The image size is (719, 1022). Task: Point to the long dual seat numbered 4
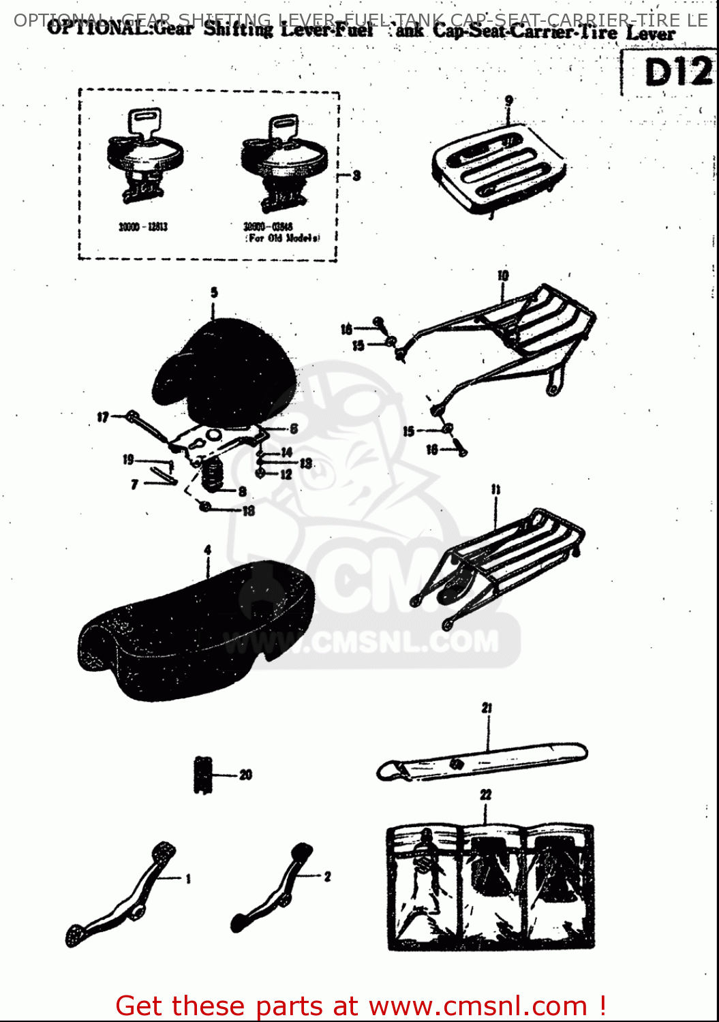tap(198, 630)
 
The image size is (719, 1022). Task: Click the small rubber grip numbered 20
tap(202, 775)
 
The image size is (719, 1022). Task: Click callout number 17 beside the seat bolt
tap(102, 417)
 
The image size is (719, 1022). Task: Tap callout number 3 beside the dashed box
tap(356, 176)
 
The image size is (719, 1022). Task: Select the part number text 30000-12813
tap(143, 227)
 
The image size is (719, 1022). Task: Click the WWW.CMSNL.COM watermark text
tap(361, 642)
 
